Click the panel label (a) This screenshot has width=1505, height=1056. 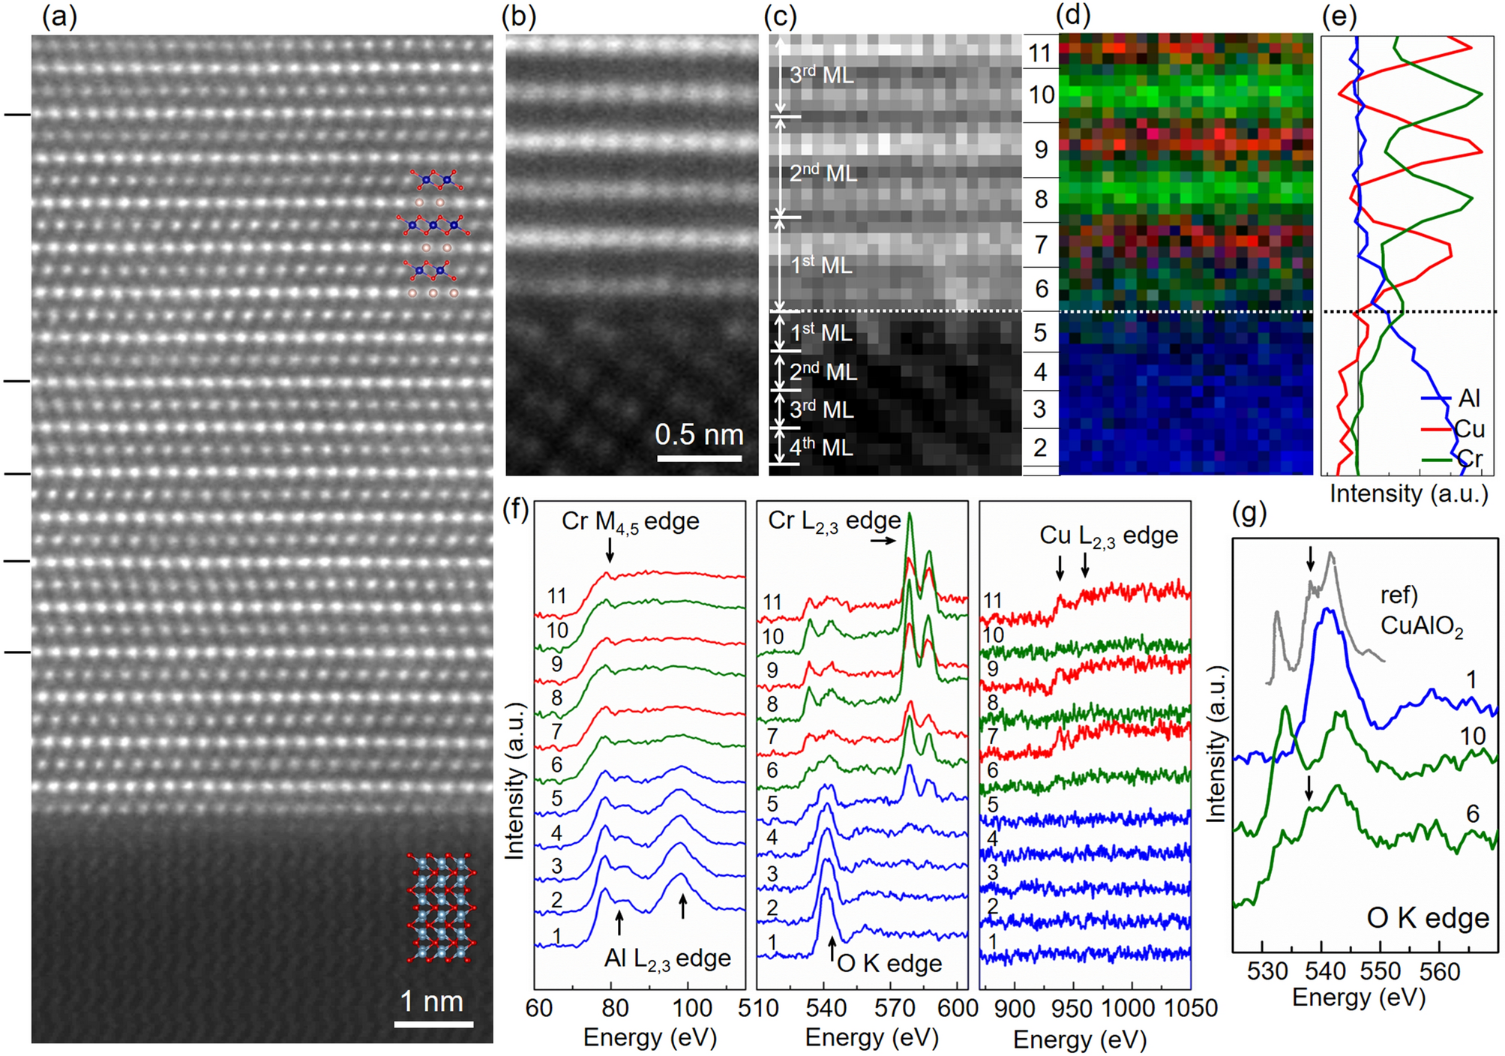59,16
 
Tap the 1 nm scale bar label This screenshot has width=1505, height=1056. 431,1000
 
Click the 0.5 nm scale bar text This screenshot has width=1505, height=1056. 698,434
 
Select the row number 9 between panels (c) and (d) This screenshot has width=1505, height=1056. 1040,149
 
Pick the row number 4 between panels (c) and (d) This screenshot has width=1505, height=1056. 1040,371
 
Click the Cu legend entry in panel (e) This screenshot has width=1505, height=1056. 1468,429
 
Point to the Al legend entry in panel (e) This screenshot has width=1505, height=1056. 1468,398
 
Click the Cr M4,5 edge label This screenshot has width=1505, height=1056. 630,521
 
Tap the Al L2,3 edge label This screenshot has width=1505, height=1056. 667,958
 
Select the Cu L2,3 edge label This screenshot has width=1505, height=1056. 1108,535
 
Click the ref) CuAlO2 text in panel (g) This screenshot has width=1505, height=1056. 1421,610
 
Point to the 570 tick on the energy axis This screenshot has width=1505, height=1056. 894,1007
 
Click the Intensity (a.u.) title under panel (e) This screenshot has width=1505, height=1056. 1408,493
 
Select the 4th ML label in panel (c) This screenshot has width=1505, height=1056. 821,448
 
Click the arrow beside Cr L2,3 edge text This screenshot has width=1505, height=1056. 884,540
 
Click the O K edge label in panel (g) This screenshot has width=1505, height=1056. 1427,918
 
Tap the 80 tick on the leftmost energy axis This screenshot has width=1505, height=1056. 615,1007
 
